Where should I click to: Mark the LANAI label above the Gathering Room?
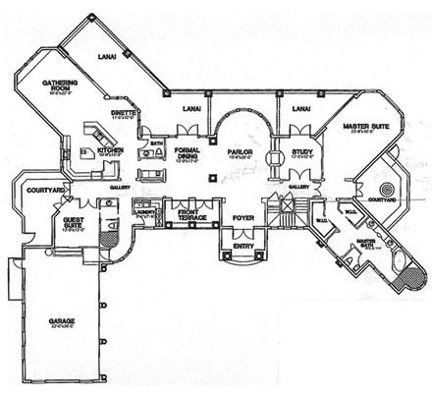coord(106,57)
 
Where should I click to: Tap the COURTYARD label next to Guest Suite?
coord(45,188)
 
